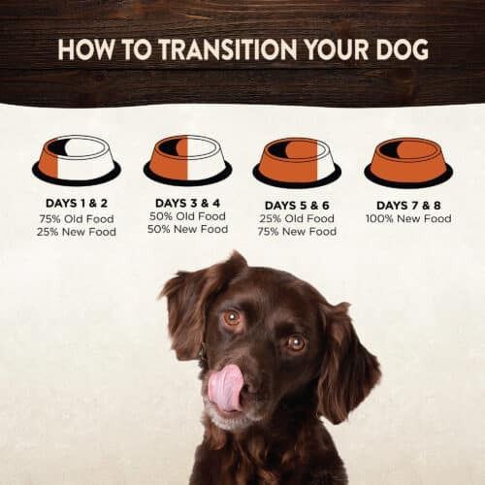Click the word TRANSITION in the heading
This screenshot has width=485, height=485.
pyautogui.click(x=228, y=49)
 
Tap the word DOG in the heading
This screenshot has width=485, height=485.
pyautogui.click(x=402, y=49)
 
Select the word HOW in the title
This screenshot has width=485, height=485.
pyautogui.click(x=86, y=49)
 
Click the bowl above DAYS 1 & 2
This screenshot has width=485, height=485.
pyautogui.click(x=77, y=160)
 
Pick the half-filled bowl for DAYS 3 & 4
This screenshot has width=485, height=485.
pyautogui.click(x=187, y=160)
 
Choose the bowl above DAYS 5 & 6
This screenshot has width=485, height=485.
pyautogui.click(x=297, y=162)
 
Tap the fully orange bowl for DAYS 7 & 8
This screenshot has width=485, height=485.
pyautogui.click(x=408, y=162)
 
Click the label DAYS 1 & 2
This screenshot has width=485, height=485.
pyautogui.click(x=77, y=204)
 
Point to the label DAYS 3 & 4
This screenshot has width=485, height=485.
pyautogui.click(x=187, y=203)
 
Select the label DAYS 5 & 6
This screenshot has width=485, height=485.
pyautogui.click(x=297, y=206)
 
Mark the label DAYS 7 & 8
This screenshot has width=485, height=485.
pyautogui.click(x=408, y=206)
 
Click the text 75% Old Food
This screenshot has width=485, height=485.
pyautogui.click(x=77, y=219)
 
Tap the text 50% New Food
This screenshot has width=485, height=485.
pyautogui.click(x=187, y=229)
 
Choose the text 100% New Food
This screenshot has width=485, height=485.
pyautogui.click(x=408, y=218)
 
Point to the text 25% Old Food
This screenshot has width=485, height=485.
pyautogui.click(x=297, y=218)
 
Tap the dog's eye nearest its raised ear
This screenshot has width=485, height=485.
pyautogui.click(x=232, y=317)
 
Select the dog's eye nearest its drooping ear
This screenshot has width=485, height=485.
pyautogui.click(x=296, y=343)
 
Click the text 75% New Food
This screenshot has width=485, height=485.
pyautogui.click(x=297, y=232)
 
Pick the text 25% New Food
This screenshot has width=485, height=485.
pyautogui.click(x=77, y=232)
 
